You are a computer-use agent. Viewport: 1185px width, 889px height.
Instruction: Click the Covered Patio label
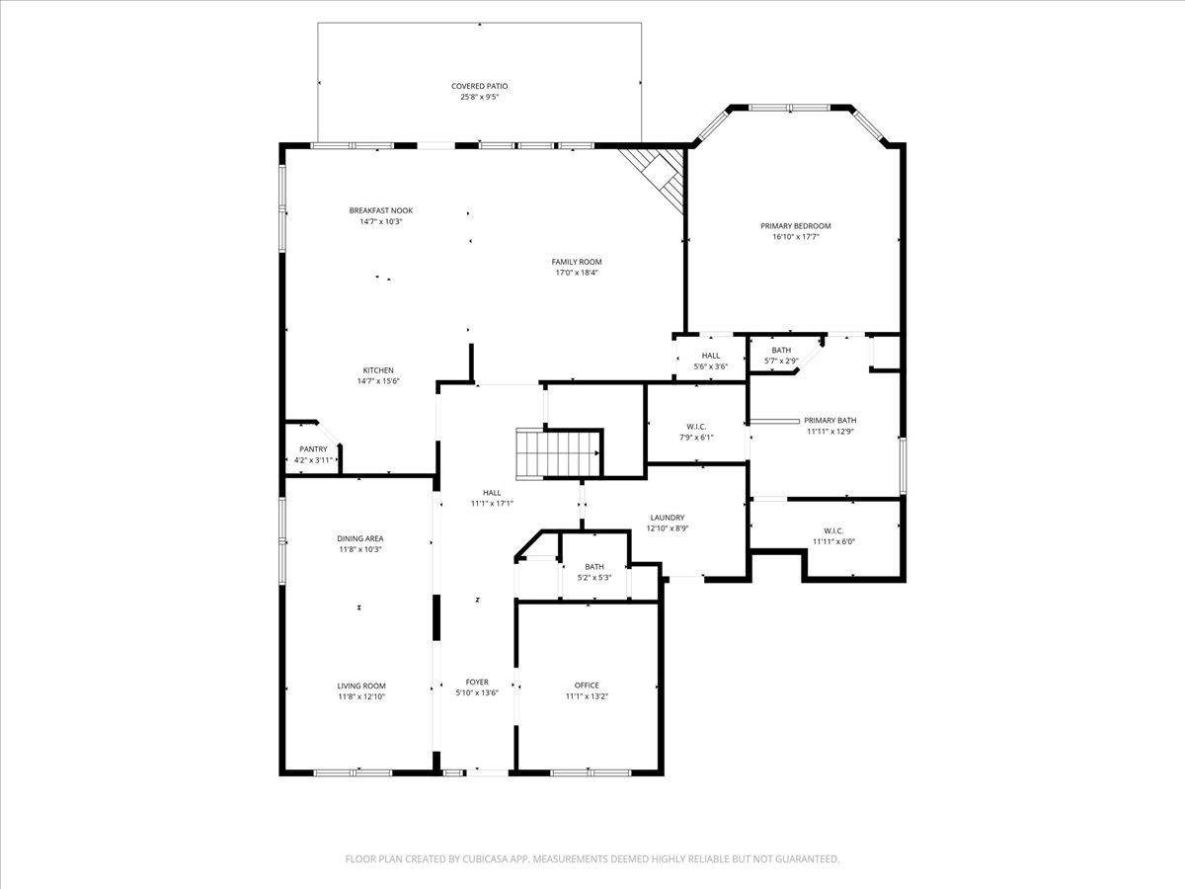point(479,86)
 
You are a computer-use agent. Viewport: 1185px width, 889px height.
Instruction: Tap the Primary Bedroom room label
point(795,226)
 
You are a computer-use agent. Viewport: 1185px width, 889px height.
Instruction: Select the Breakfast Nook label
point(380,210)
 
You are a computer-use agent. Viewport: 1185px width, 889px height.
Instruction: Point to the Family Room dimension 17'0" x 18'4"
point(576,273)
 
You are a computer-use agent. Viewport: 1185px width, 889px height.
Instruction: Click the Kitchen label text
point(378,370)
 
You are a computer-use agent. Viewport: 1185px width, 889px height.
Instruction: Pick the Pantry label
point(313,449)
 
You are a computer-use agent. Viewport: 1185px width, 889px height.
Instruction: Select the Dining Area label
point(359,538)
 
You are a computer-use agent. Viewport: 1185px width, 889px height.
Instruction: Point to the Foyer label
point(477,683)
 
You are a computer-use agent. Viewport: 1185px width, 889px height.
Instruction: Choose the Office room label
point(587,686)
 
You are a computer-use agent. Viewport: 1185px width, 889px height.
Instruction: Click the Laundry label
point(667,518)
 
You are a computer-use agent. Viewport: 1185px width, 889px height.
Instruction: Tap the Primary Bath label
point(829,420)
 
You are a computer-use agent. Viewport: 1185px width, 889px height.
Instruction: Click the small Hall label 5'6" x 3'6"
point(710,356)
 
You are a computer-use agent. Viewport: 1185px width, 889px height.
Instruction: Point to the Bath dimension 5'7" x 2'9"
point(781,362)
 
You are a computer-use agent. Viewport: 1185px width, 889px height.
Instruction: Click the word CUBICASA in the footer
point(489,859)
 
